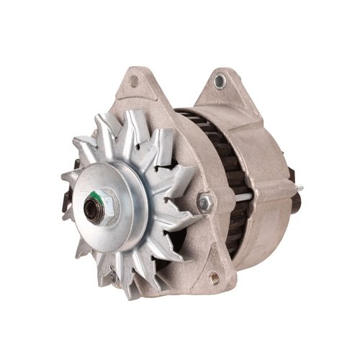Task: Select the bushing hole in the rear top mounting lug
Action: coord(219,81)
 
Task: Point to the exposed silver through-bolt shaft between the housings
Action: coord(243,197)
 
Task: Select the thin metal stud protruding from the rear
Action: coord(298,189)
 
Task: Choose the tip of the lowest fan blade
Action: coord(134,296)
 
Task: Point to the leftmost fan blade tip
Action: coord(63,176)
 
